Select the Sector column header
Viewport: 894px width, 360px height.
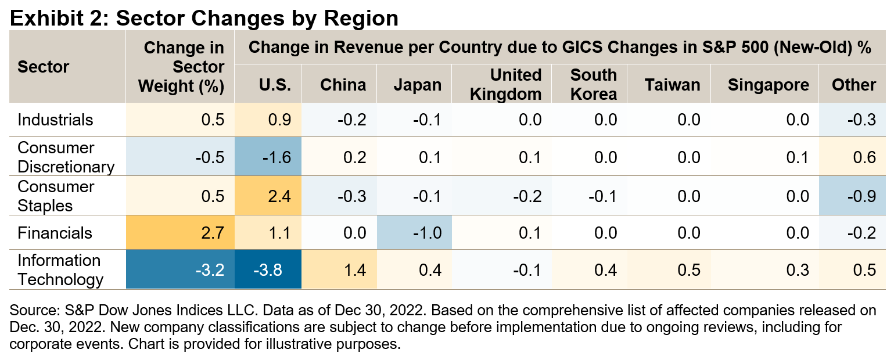coord(43,67)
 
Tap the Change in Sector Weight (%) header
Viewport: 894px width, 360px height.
coord(184,67)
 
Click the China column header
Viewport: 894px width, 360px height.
coord(343,85)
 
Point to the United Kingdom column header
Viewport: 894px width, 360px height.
coord(505,84)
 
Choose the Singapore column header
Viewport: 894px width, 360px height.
coord(768,85)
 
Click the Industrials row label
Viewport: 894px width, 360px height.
coord(55,120)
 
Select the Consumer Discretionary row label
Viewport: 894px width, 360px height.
coord(66,157)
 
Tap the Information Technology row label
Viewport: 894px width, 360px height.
coord(60,269)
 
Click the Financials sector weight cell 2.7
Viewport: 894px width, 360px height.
coord(213,233)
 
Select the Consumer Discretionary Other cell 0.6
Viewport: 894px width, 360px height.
coord(862,157)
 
